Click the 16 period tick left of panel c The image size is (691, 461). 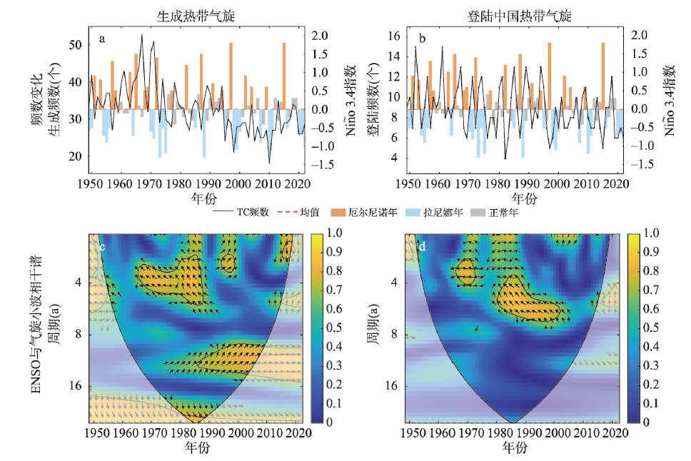coord(78,386)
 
